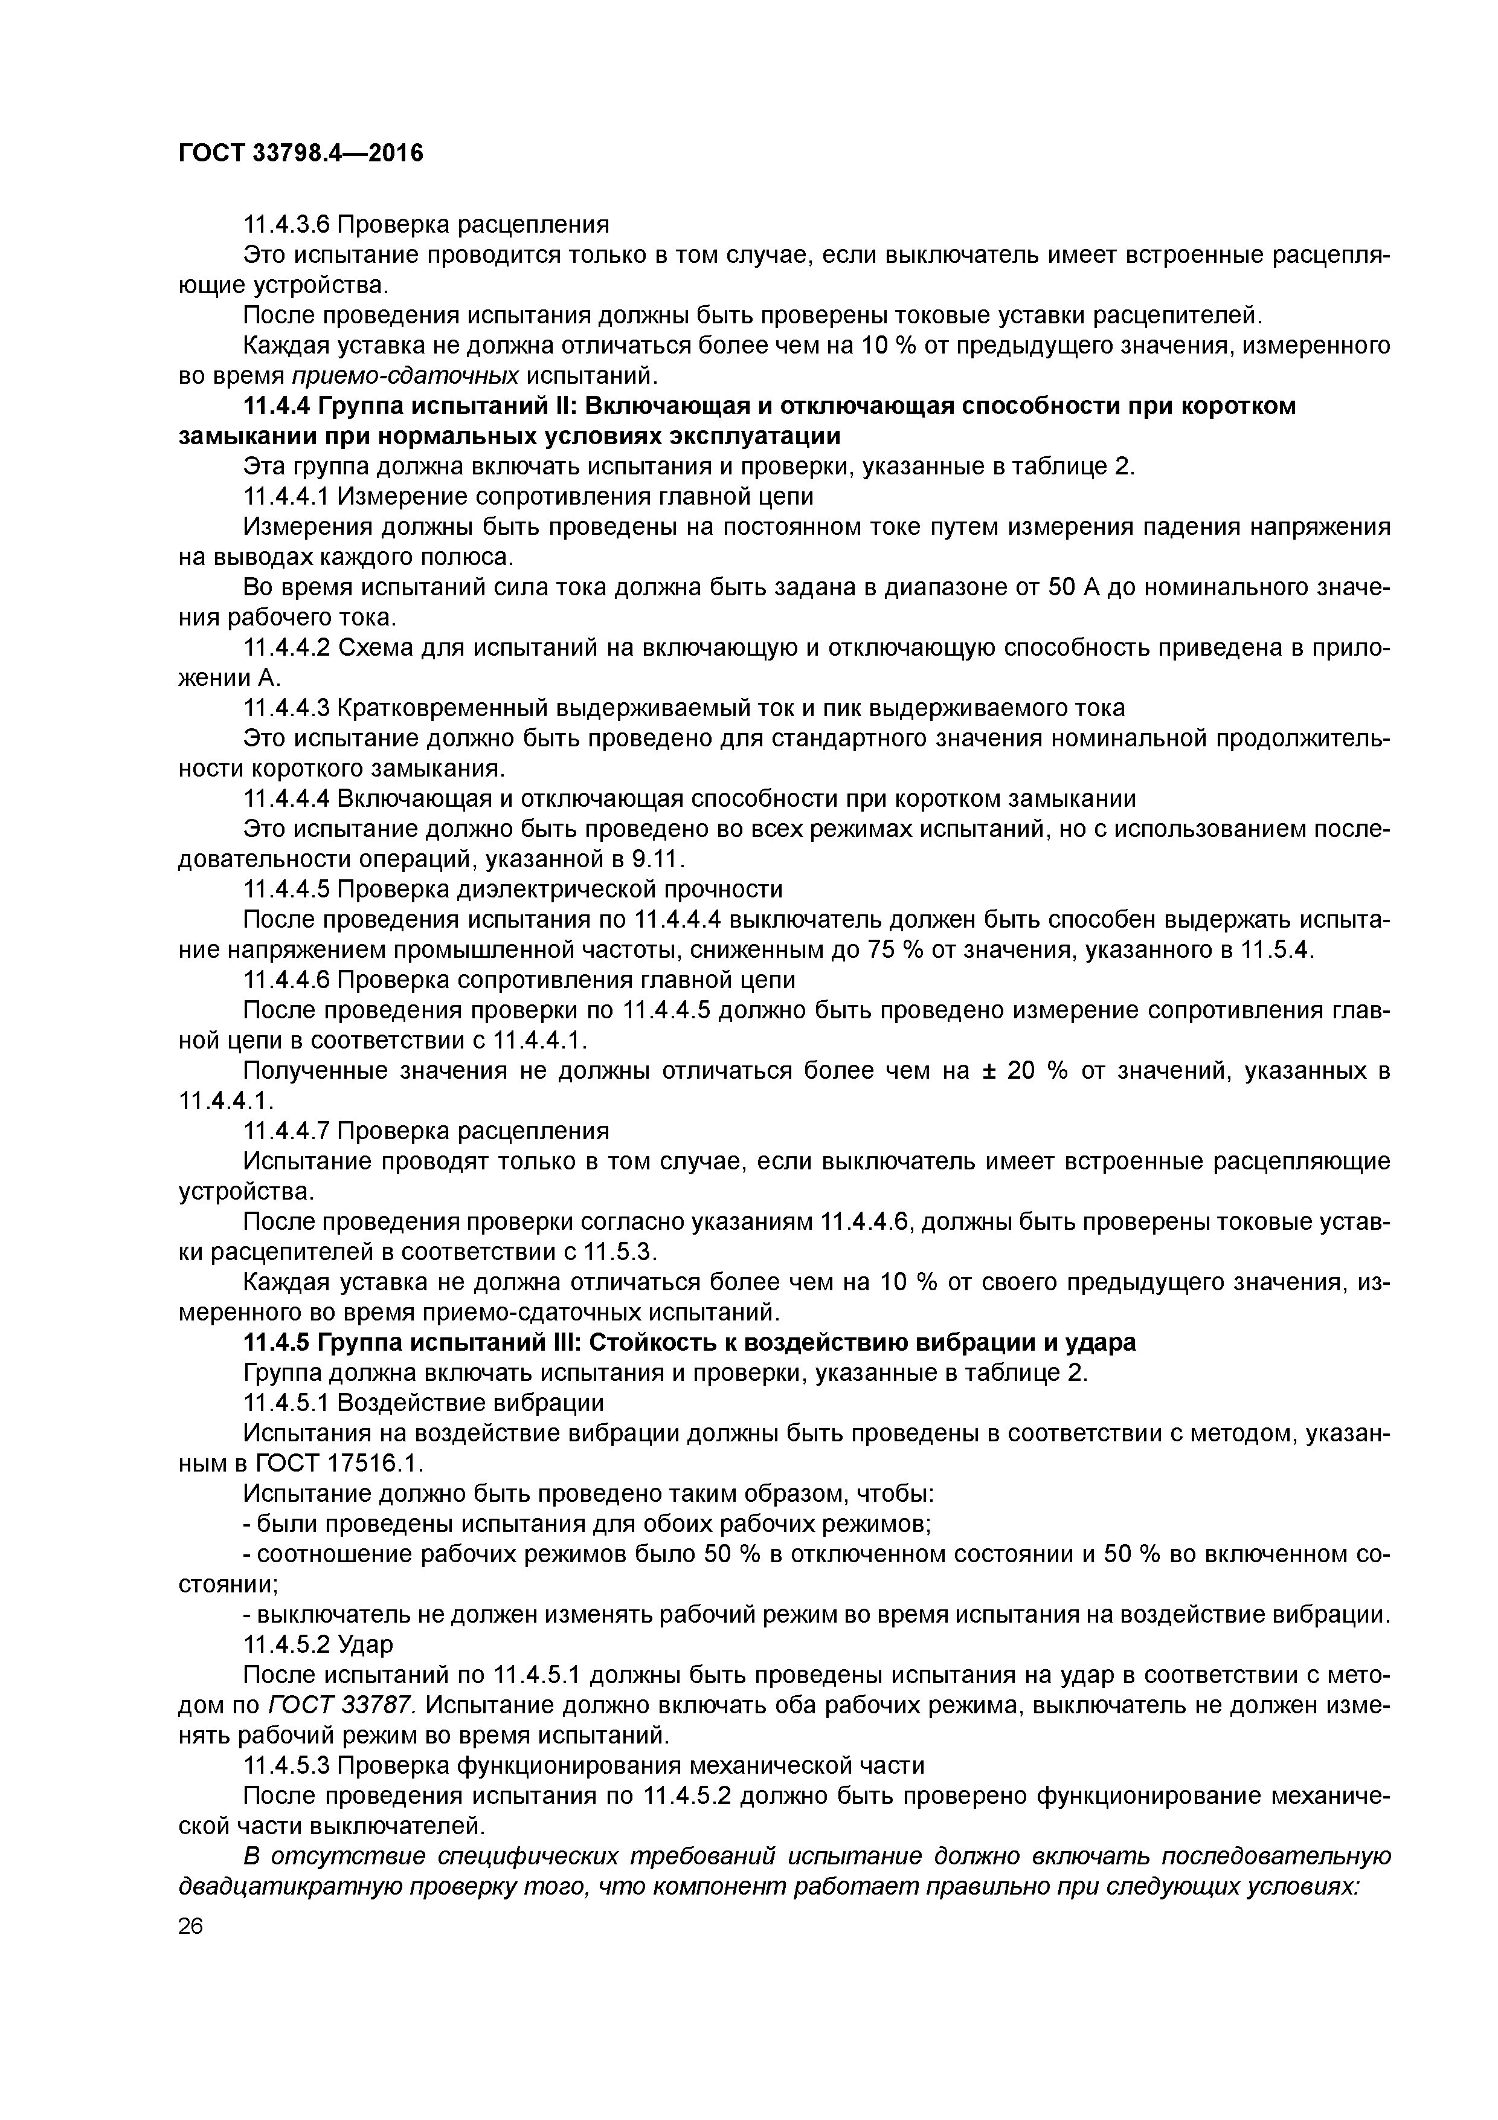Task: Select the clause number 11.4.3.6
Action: click(286, 224)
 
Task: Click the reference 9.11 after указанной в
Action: click(657, 859)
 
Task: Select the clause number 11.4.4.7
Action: click(286, 1131)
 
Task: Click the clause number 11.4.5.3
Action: click(286, 1765)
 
